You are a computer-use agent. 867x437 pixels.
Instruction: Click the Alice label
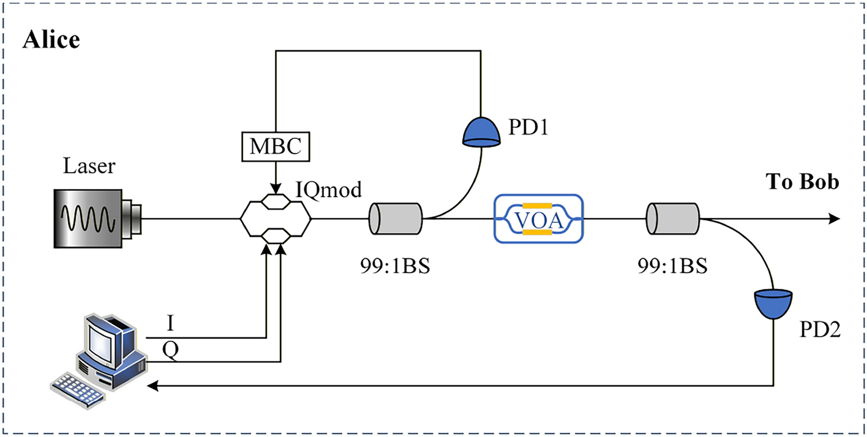[x=51, y=40]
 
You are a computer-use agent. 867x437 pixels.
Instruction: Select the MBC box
[x=276, y=147]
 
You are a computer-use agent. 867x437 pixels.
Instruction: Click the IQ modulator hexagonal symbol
[x=276, y=218]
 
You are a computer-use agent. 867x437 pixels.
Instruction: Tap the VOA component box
[x=539, y=218]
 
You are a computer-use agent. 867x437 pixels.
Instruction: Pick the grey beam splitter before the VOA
[x=395, y=218]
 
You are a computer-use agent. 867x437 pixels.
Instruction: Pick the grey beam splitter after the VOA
[x=673, y=218]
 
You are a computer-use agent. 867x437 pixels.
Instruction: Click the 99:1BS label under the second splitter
[x=673, y=267]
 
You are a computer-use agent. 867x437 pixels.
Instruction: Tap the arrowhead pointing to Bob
[x=833, y=218]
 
